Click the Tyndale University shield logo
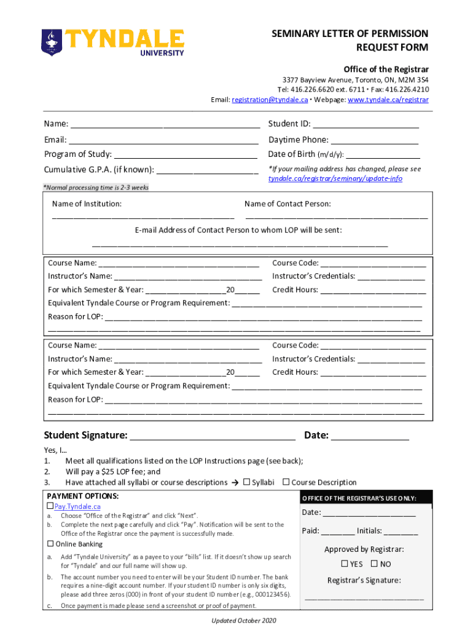(52, 41)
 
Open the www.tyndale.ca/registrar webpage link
(388, 100)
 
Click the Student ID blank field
(366, 124)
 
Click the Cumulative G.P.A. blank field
(208, 170)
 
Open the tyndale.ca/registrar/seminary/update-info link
(335, 178)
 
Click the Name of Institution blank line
(143, 217)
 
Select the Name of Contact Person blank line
(336, 217)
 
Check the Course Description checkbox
(286, 482)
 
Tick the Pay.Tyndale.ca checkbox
(50, 506)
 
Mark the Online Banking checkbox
(50, 544)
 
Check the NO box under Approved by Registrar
(374, 564)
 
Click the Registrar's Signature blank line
(364, 597)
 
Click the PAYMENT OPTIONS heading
(83, 496)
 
